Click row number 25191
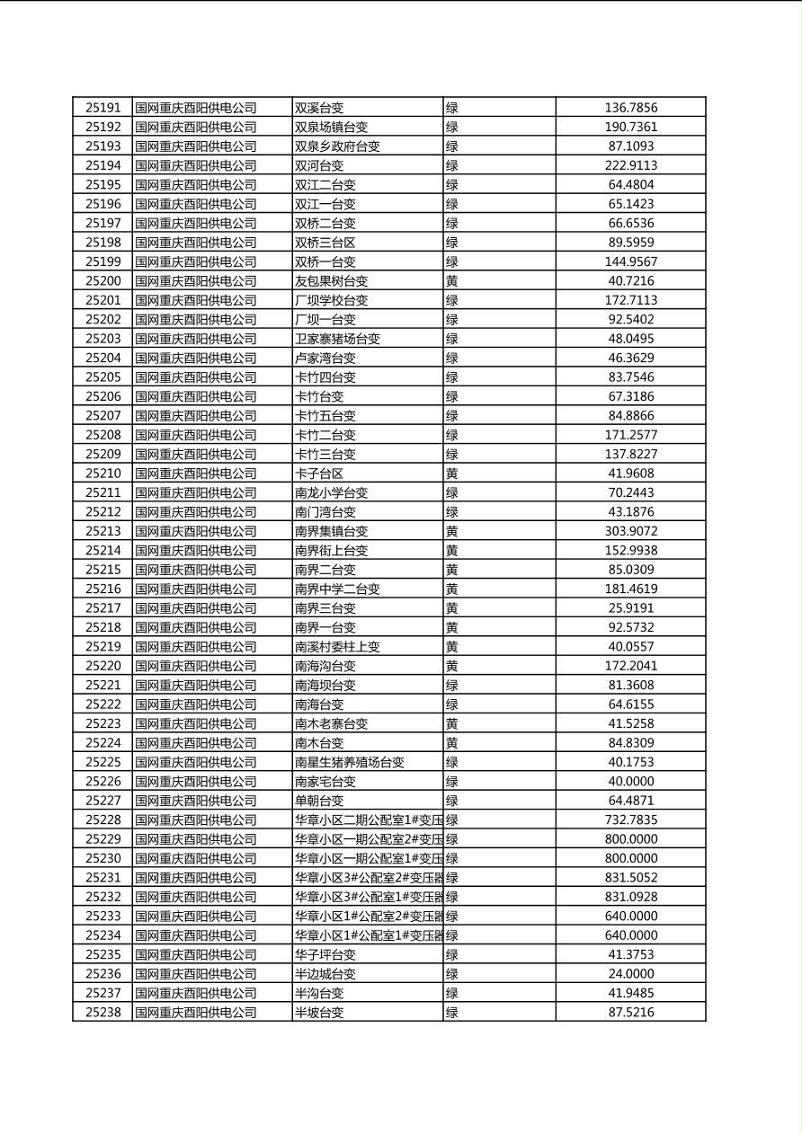point(103,108)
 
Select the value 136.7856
point(631,108)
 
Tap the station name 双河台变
point(319,165)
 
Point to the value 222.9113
point(631,165)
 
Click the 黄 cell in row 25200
point(452,281)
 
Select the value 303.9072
point(631,531)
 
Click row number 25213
point(103,531)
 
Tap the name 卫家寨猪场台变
point(337,339)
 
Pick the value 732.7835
point(631,819)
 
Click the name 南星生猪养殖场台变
point(350,762)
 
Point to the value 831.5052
point(631,877)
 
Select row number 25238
point(103,1012)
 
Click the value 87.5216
point(631,1012)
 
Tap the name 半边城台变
point(325,973)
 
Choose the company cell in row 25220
point(196,666)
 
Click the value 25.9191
point(631,608)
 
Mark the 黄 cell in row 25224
point(452,742)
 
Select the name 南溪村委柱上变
point(337,646)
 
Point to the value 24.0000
point(631,973)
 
